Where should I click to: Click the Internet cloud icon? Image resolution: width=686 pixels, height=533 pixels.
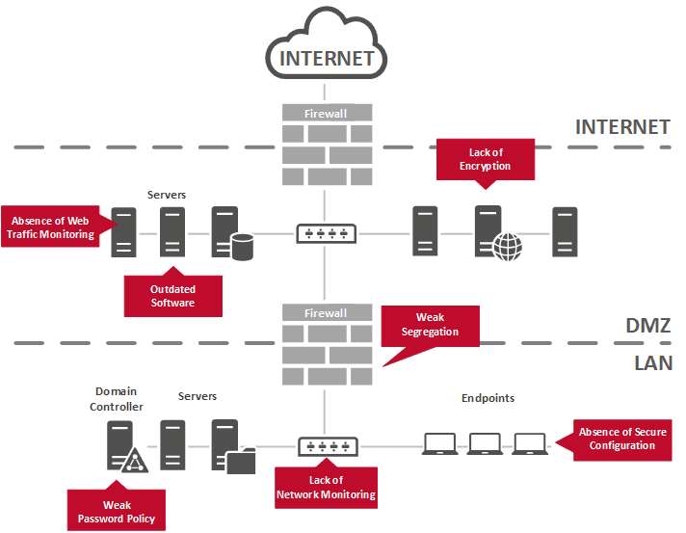(327, 43)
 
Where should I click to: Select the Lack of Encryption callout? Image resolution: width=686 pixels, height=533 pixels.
(486, 160)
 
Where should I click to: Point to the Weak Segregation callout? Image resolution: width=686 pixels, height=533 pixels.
(430, 326)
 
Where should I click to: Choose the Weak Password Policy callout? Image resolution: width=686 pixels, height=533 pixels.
(117, 508)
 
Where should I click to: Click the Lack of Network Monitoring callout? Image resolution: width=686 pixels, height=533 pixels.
(326, 486)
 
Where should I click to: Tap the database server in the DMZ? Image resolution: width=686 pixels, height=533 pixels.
(232, 233)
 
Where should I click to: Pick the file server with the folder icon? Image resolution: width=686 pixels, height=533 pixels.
(233, 446)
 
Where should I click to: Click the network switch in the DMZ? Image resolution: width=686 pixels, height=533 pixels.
(326, 233)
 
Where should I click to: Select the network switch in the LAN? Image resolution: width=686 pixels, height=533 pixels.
(328, 446)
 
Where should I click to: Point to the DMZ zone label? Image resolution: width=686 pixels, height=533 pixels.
(647, 325)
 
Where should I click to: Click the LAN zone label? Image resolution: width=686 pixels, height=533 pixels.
(653, 363)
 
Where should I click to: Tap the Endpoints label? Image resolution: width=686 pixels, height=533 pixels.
(488, 398)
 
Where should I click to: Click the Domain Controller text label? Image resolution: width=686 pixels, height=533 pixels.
(116, 399)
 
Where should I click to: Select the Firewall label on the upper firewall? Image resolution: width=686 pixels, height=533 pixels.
(326, 114)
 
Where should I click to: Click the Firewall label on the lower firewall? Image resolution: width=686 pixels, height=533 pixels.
(326, 313)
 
